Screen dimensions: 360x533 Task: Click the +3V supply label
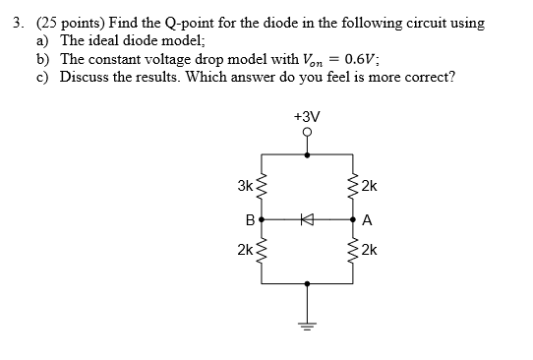click(x=307, y=117)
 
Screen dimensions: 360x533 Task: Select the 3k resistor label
click(x=244, y=186)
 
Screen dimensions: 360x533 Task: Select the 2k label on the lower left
click(x=244, y=250)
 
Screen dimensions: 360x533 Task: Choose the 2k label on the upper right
click(x=369, y=187)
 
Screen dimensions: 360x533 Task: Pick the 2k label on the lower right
click(x=369, y=250)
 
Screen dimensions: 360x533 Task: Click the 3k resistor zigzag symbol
click(x=263, y=187)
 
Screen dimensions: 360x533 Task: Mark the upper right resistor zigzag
click(x=351, y=187)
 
